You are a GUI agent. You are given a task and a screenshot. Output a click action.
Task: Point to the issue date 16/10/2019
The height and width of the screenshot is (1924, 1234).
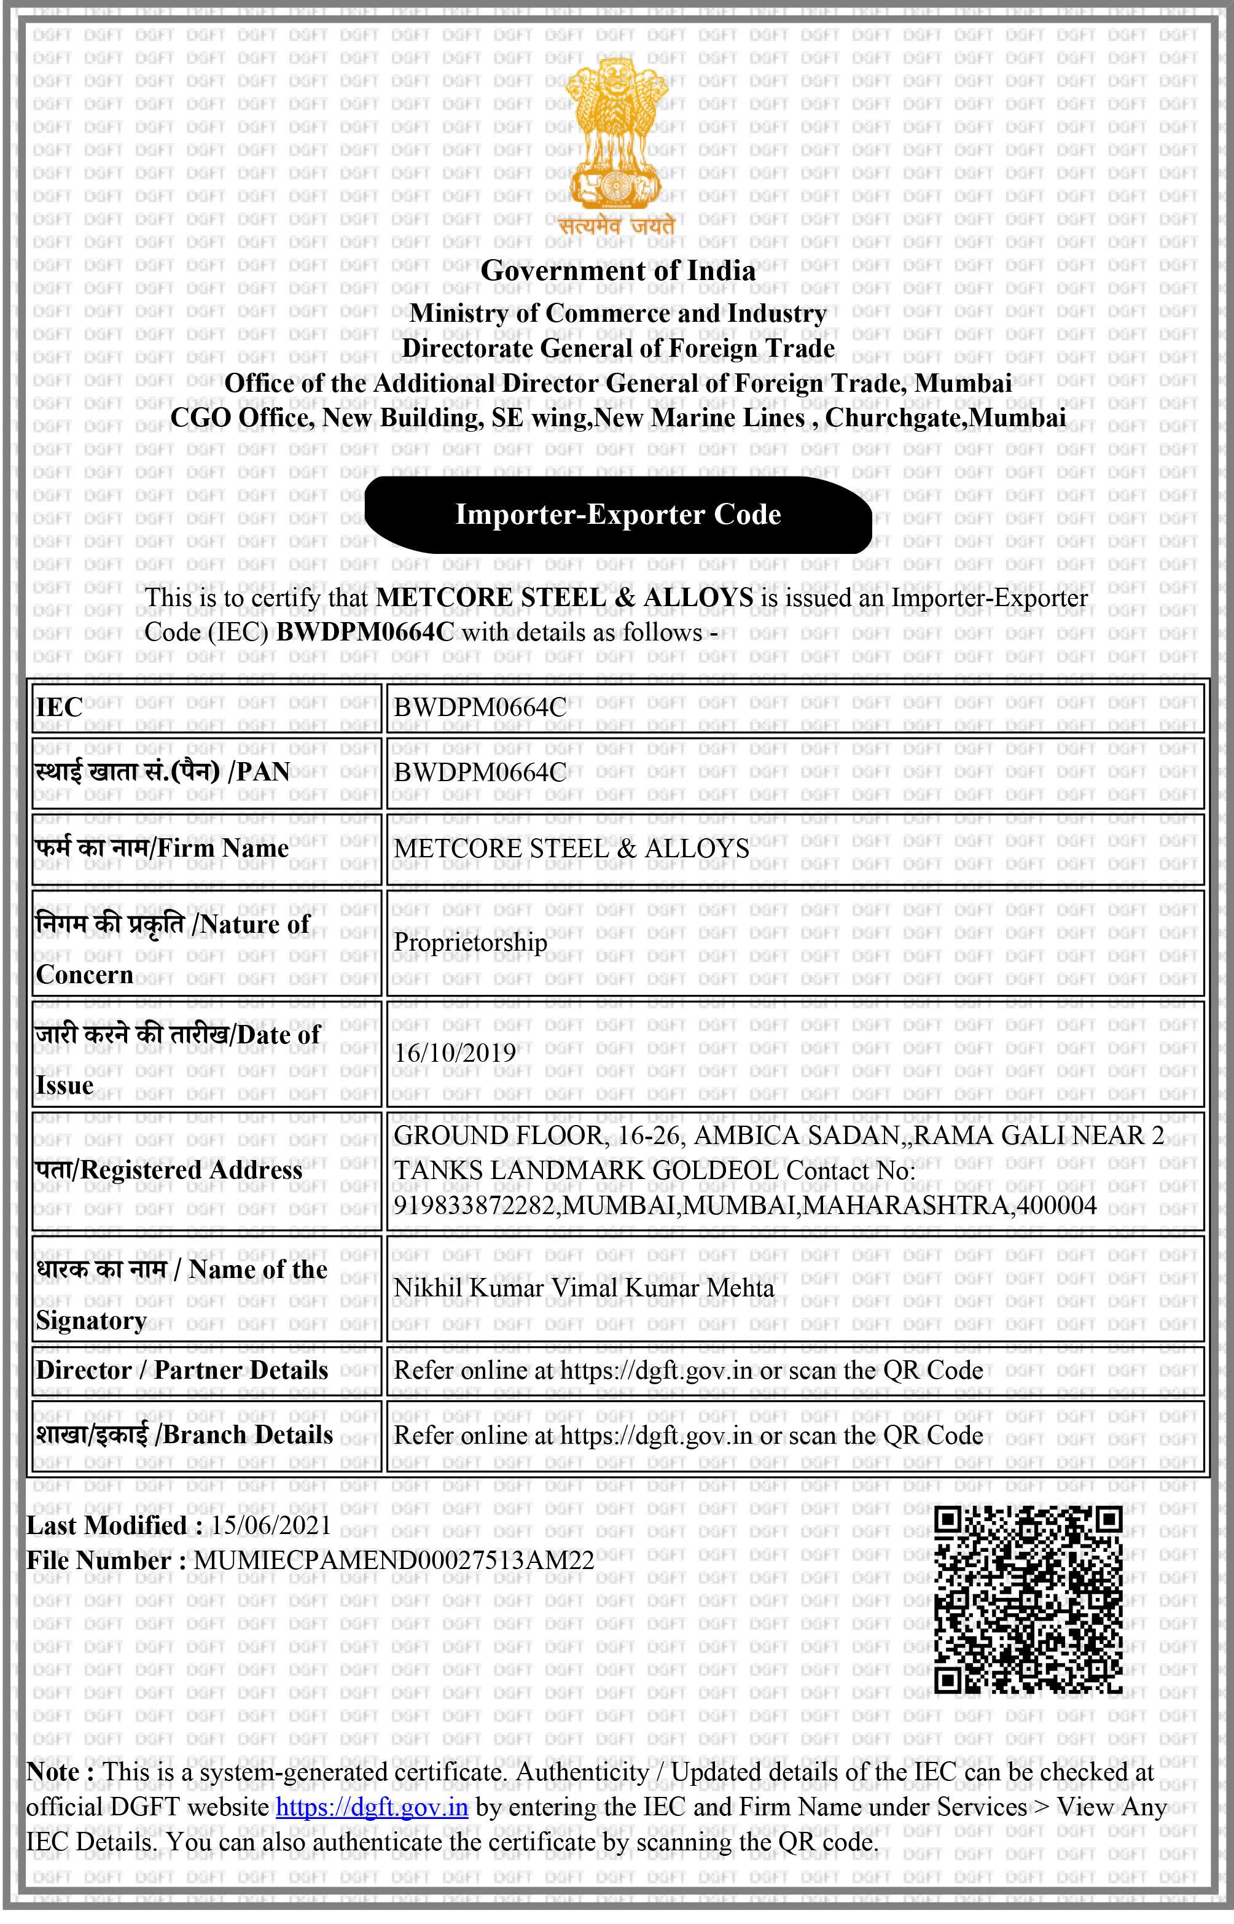click(x=455, y=1053)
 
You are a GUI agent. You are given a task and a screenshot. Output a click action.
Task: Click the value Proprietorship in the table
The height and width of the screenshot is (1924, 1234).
click(x=471, y=942)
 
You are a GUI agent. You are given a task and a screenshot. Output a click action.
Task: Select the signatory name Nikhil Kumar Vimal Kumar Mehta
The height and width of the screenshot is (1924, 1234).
click(x=584, y=1287)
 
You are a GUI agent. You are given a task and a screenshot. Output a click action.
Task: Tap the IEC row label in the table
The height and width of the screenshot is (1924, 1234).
click(x=60, y=707)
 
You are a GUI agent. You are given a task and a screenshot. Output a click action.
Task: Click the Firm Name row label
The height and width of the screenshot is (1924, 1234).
click(x=162, y=848)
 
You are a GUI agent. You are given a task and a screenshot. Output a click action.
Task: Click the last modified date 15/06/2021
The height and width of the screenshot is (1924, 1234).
click(x=271, y=1525)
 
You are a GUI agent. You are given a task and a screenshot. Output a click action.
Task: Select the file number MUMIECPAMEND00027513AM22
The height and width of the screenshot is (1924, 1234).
click(x=394, y=1560)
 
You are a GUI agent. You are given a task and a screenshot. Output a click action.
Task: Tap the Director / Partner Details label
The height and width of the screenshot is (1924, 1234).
click(x=182, y=1369)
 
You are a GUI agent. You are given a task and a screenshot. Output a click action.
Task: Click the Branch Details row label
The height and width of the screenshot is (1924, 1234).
click(x=184, y=1435)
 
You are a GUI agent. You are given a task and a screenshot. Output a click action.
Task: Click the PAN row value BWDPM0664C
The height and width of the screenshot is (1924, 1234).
click(x=480, y=772)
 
